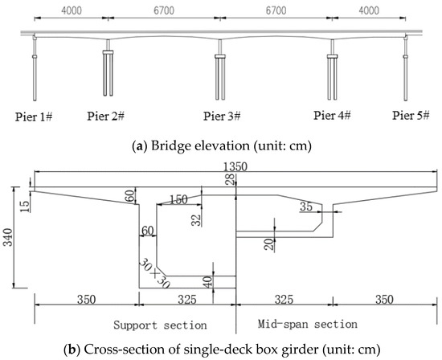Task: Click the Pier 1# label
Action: (33, 116)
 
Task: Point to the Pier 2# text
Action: (105, 116)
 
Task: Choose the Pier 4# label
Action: (333, 115)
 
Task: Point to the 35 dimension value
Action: (305, 207)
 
